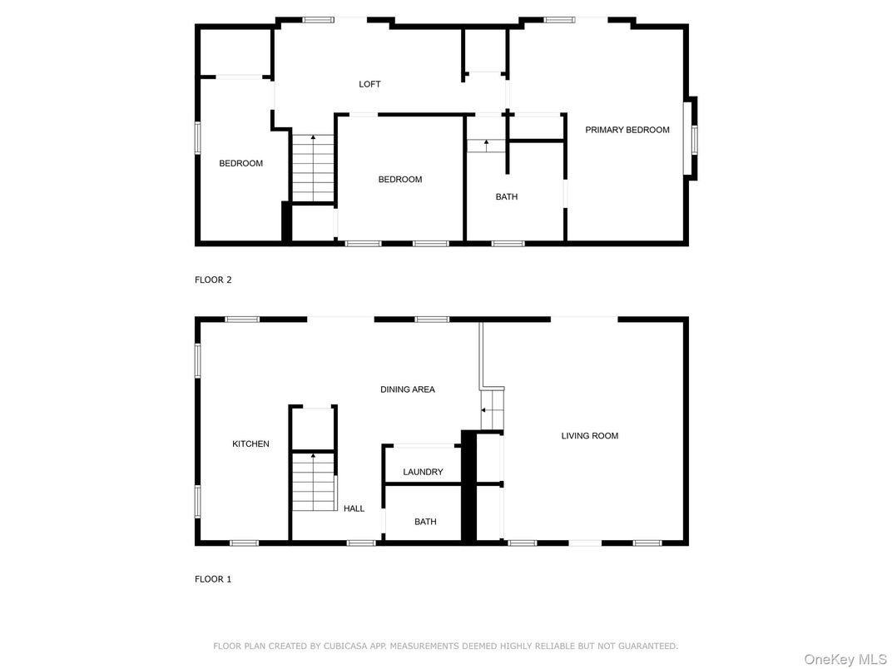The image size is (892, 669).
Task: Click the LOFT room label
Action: coord(369,84)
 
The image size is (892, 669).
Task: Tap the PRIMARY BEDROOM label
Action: coord(627,130)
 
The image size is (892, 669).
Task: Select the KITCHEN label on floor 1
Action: coord(250,444)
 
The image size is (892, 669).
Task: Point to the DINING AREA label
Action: coord(407,389)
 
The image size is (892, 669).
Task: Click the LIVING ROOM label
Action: coord(589,436)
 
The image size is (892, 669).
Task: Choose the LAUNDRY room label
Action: coord(423,472)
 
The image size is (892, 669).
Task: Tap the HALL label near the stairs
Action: coord(354,508)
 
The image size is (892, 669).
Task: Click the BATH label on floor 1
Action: coord(425,522)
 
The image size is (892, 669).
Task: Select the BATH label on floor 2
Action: coord(506,197)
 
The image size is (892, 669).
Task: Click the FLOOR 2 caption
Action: coord(213,280)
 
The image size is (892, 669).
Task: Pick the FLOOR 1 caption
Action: coord(213,579)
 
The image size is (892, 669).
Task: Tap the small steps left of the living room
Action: coord(493,410)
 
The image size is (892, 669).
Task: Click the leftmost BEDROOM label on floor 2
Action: coord(240,163)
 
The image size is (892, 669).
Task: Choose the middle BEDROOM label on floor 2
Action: coord(399,180)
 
